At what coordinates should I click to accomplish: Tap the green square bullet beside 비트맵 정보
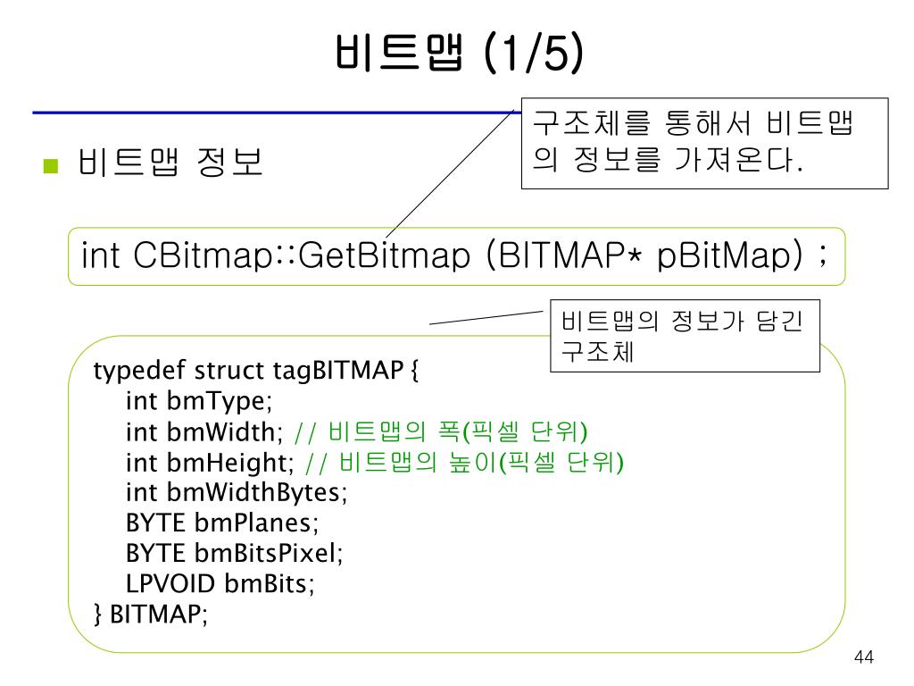pos(50,165)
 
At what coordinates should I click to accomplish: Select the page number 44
pos(863,657)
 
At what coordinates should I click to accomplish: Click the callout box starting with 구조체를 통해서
pos(704,143)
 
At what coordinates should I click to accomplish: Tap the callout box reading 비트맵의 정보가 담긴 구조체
pos(684,335)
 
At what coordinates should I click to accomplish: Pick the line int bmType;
pos(198,401)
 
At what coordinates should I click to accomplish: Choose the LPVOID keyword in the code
pos(170,584)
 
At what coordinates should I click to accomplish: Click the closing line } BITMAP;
pos(151,615)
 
